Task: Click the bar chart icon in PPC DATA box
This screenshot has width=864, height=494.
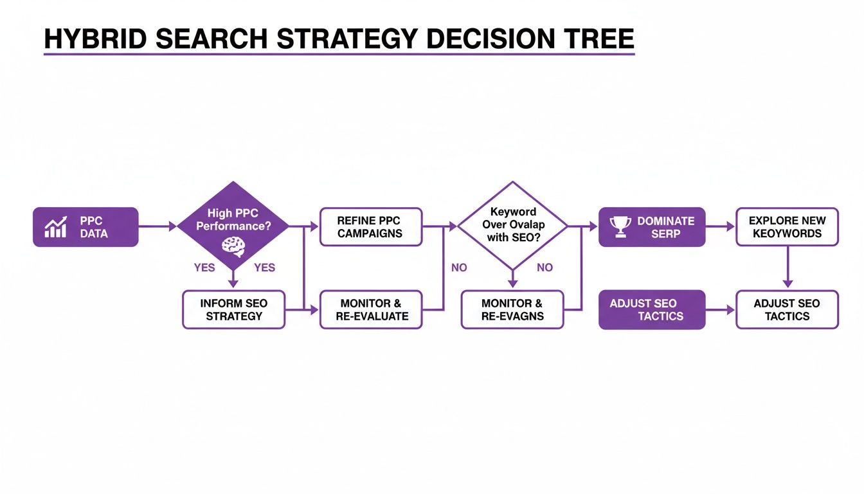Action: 55,227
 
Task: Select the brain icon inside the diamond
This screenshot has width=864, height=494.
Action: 233,244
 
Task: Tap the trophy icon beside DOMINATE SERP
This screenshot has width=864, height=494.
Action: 620,226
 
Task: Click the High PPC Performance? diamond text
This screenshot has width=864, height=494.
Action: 233,219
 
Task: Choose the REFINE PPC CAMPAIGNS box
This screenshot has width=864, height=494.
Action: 371,226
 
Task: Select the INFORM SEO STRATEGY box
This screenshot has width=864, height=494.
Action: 233,309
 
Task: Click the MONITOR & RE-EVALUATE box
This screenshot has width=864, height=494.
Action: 371,309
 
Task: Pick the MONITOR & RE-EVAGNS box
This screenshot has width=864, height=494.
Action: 512,309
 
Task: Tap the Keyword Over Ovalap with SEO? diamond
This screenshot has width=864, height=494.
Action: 512,225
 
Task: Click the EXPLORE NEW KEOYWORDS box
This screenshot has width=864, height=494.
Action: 787,226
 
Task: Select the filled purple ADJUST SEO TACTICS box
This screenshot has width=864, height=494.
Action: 651,309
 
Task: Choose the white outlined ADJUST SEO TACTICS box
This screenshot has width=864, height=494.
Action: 787,309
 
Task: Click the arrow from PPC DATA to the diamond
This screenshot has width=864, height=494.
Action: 157,226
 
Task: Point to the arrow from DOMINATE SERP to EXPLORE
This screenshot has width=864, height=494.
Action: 720,226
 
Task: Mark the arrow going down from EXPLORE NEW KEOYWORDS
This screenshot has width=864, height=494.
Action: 788,268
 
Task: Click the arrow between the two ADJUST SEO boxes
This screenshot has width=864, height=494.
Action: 720,309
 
